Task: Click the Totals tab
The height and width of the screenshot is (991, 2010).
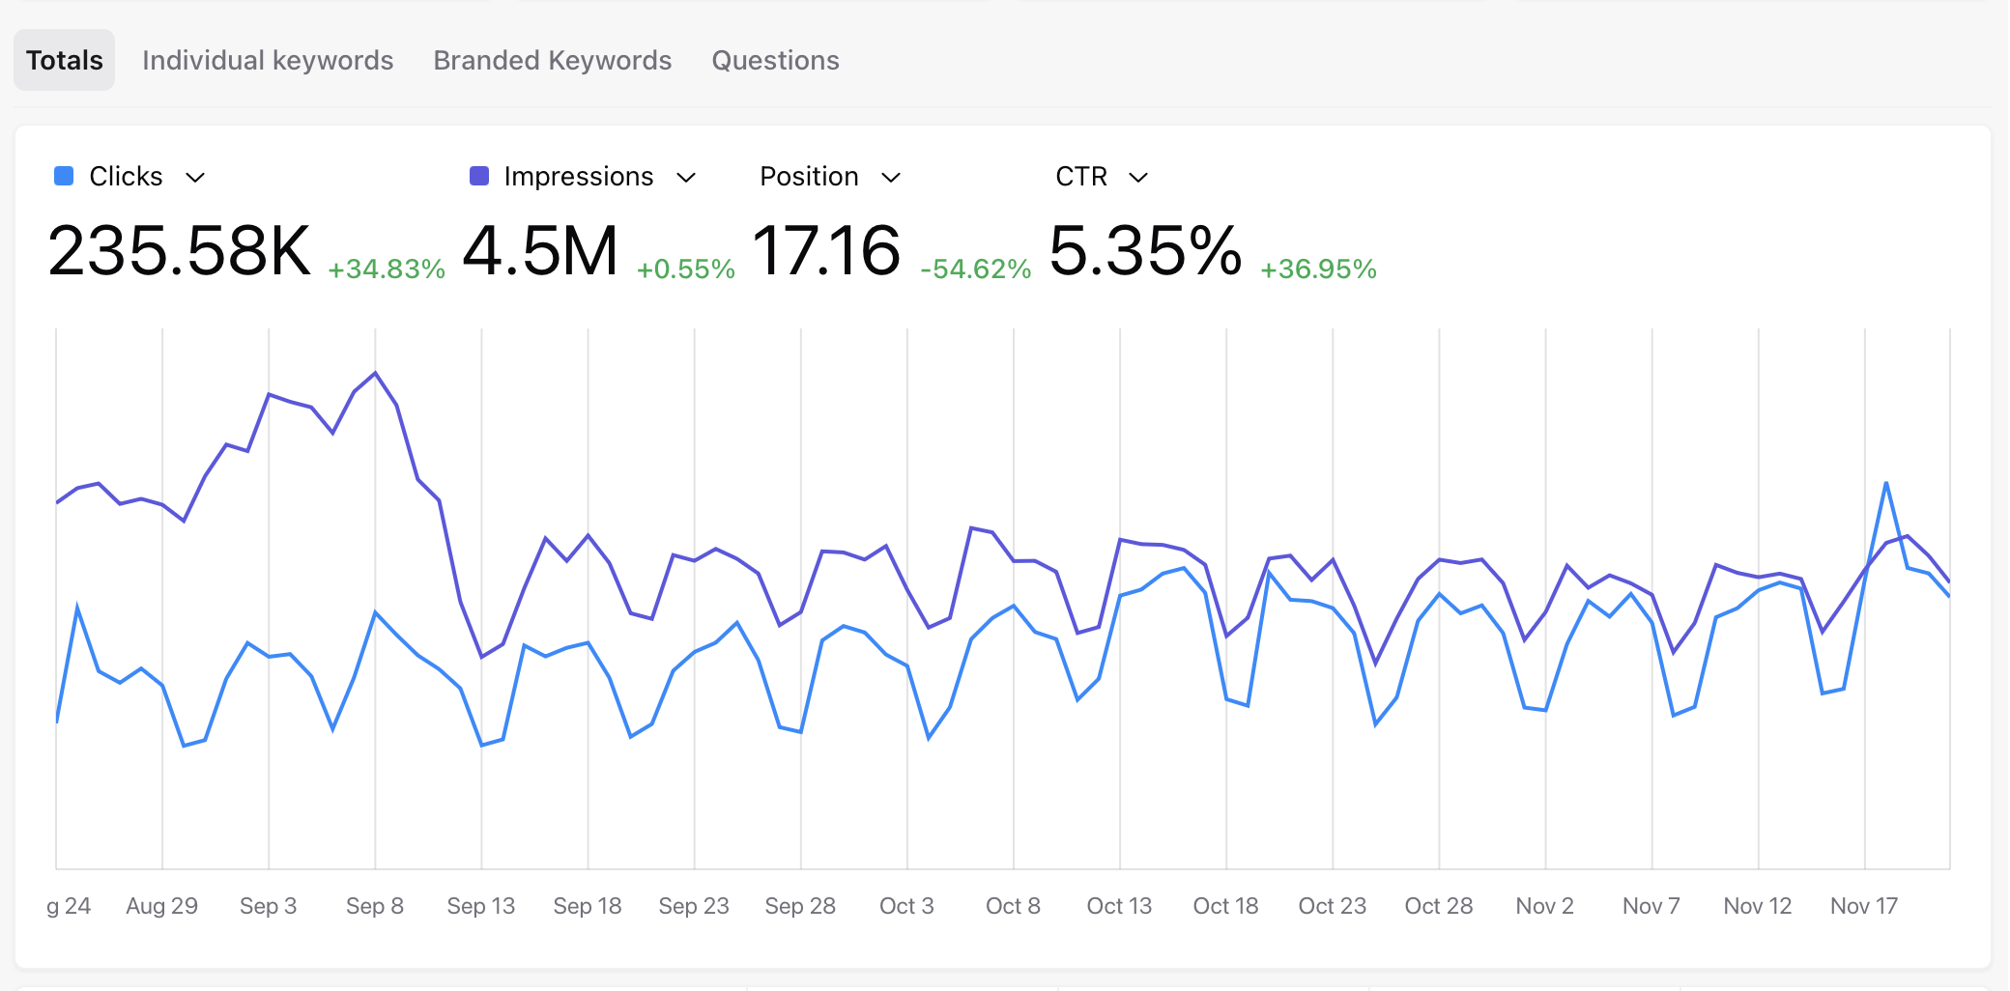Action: [x=64, y=60]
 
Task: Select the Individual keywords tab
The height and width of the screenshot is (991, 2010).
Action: [x=268, y=60]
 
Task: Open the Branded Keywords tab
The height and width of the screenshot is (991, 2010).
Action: [x=552, y=60]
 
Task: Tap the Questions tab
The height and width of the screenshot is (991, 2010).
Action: [x=775, y=60]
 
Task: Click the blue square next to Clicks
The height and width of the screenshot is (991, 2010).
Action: [x=64, y=176]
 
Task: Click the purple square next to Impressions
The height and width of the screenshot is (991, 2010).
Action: [x=478, y=176]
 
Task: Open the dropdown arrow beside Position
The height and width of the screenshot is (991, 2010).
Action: [x=891, y=178]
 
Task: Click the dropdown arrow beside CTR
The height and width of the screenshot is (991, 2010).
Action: [x=1138, y=178]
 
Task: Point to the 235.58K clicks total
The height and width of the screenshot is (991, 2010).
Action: [x=180, y=251]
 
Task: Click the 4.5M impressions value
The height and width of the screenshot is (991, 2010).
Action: [x=540, y=251]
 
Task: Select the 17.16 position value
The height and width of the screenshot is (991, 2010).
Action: [x=826, y=251]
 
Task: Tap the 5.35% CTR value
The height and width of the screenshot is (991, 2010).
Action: [x=1145, y=251]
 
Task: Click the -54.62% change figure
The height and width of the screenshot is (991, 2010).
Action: [x=975, y=269]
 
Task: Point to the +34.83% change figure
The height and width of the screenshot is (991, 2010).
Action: [x=387, y=269]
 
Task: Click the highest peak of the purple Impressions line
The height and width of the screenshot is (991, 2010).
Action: [x=375, y=373]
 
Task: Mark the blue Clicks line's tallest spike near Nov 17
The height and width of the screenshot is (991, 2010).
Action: [x=1886, y=482]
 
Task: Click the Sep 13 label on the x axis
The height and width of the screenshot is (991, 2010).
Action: [x=481, y=906]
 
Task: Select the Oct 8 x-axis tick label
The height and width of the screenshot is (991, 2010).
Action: [x=1013, y=906]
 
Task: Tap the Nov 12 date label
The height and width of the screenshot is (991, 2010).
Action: [x=1757, y=906]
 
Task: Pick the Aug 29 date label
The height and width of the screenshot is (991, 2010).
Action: [x=161, y=906]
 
